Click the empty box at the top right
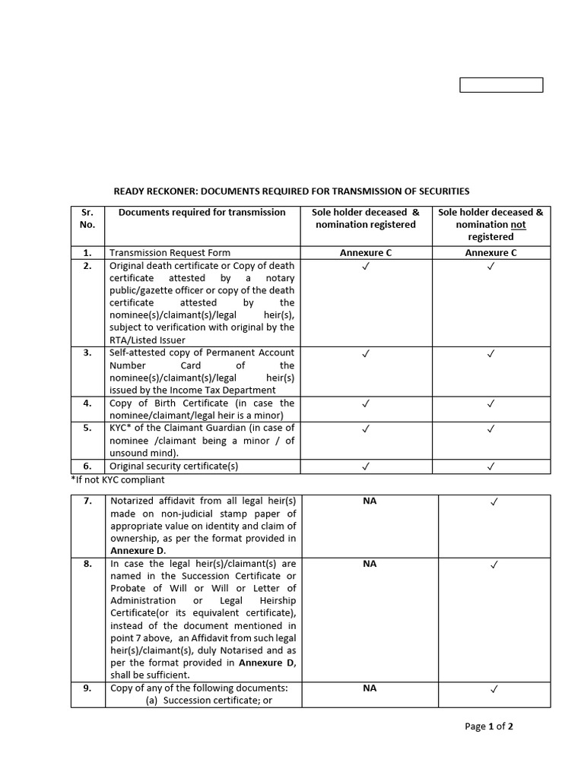click(x=501, y=85)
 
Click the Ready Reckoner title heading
click(x=291, y=191)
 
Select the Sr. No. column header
click(x=87, y=218)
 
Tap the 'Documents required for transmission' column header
click(x=202, y=213)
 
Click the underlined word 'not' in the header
click(x=518, y=225)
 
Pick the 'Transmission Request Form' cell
click(x=170, y=253)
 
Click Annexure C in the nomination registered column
click(x=366, y=253)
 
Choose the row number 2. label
click(x=87, y=266)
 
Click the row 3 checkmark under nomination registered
click(x=366, y=353)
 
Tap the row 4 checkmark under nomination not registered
click(x=491, y=403)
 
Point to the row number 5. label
click(x=87, y=429)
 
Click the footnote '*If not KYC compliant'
click(x=118, y=480)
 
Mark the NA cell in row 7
click(x=370, y=501)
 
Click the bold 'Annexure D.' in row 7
click(x=138, y=551)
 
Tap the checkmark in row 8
click(x=494, y=565)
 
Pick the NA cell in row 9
click(x=370, y=689)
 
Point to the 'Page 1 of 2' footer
click(x=489, y=726)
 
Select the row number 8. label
click(x=87, y=564)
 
